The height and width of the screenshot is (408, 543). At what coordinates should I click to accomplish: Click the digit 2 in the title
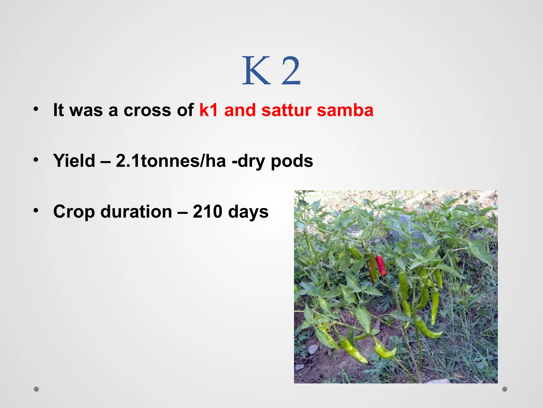(x=291, y=71)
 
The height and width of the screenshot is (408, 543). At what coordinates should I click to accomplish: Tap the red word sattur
(x=286, y=110)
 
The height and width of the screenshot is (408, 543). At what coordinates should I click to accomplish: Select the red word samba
(x=345, y=110)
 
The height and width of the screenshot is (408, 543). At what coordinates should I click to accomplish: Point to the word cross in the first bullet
(x=147, y=110)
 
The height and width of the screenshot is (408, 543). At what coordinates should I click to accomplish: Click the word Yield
(x=74, y=161)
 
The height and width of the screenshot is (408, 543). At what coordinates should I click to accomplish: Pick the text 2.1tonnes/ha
(x=171, y=161)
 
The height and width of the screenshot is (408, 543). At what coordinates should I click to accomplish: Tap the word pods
(x=292, y=161)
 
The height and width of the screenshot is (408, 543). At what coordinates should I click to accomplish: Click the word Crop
(x=74, y=212)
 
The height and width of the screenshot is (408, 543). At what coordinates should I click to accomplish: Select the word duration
(x=136, y=212)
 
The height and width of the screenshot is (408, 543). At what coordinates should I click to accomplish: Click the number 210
(x=207, y=212)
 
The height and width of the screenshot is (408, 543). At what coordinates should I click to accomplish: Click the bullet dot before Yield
(x=36, y=160)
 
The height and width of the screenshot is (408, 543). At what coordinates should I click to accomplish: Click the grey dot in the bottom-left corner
(x=36, y=389)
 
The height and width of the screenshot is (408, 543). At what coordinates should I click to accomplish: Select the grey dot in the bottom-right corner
(x=505, y=389)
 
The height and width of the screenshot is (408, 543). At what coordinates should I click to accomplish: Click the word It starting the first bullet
(x=58, y=110)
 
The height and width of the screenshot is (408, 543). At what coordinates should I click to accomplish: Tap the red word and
(x=240, y=110)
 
